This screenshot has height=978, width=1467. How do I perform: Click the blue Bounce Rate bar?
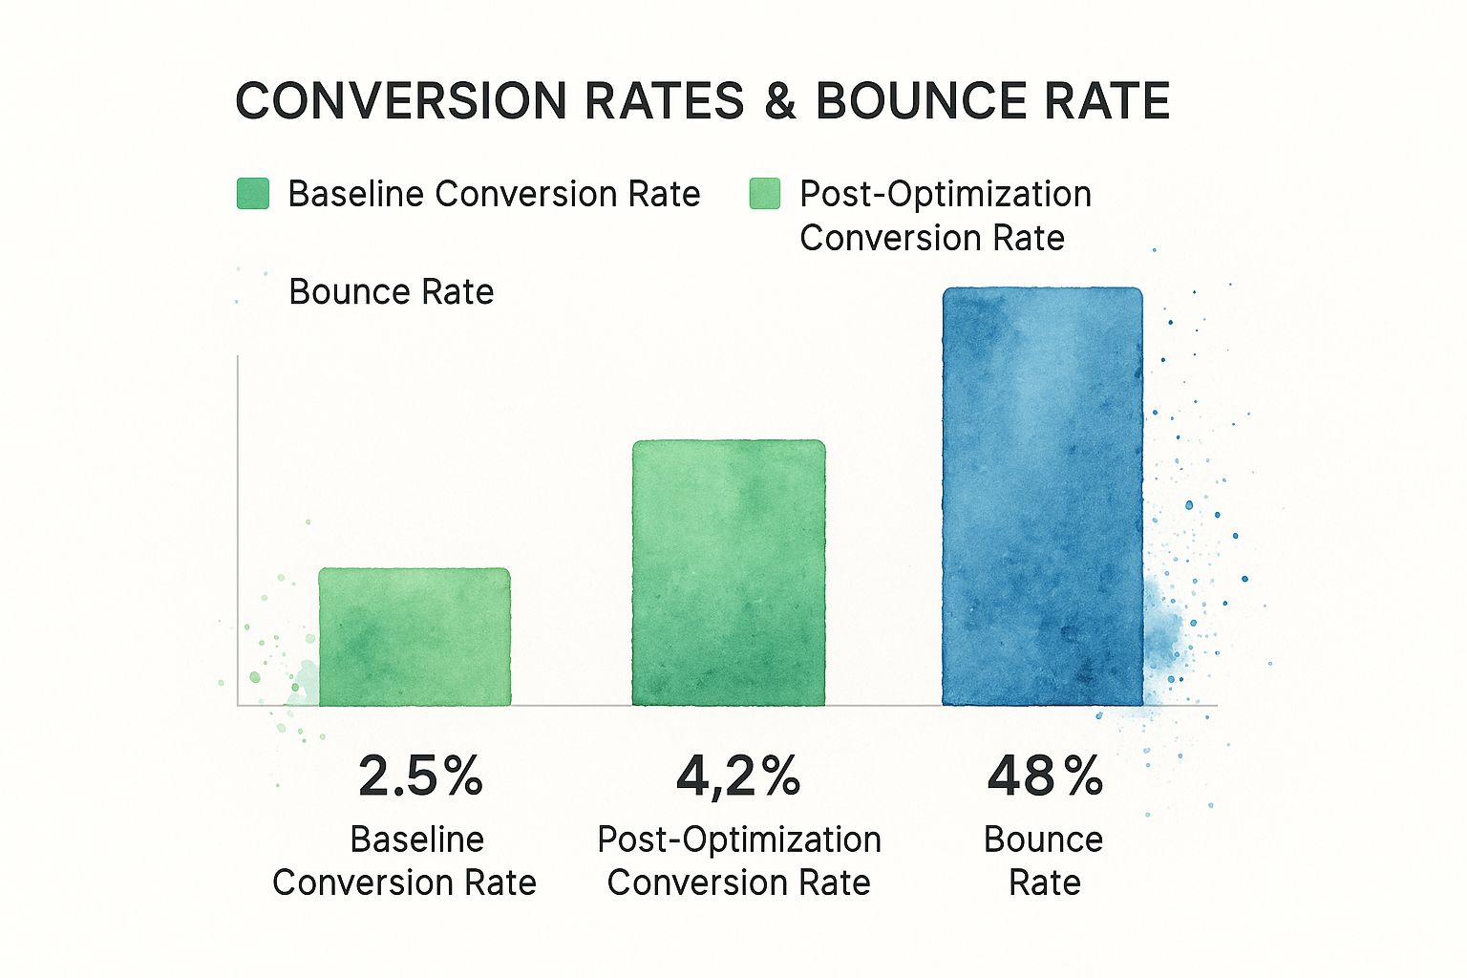tap(1042, 497)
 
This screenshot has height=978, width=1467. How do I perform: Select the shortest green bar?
tap(415, 637)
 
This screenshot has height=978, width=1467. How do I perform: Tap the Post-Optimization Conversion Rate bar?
tap(729, 573)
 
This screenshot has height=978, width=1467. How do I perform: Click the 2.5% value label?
tap(420, 776)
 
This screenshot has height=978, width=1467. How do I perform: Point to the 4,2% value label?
tap(737, 776)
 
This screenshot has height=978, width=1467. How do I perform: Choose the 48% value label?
tap(1045, 776)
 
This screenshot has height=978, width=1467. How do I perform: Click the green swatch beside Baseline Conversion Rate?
tap(253, 193)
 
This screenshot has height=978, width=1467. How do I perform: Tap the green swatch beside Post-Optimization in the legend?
tap(765, 193)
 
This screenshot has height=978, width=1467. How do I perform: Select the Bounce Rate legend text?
tap(392, 291)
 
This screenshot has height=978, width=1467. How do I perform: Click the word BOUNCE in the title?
tap(918, 101)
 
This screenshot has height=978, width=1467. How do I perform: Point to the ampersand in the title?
tap(780, 101)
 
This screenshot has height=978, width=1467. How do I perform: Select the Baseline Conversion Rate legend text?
tap(494, 194)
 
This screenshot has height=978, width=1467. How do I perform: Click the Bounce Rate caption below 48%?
tap(1044, 861)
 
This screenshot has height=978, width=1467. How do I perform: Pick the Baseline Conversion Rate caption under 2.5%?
tap(405, 861)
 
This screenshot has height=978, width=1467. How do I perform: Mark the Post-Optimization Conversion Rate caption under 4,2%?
tap(739, 861)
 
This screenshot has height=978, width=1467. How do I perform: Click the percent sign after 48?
tap(1084, 776)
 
